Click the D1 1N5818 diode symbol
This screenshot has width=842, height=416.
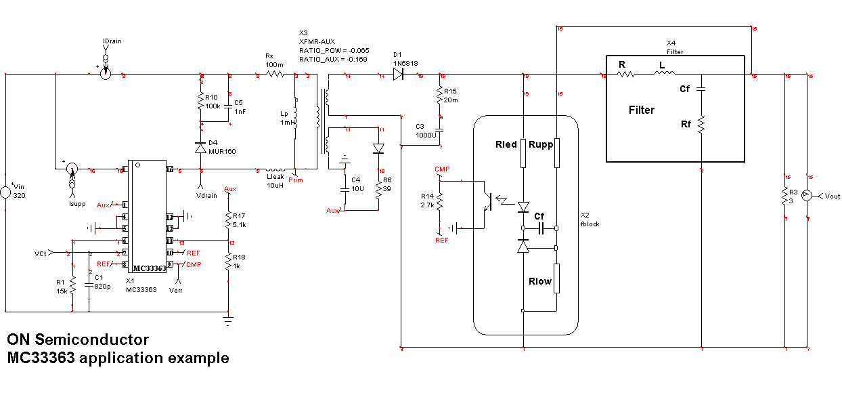point(398,75)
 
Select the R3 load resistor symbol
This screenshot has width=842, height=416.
point(784,197)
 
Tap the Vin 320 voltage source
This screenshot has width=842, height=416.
point(6,193)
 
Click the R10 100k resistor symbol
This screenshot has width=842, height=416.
point(200,102)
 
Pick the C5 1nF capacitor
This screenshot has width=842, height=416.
point(229,107)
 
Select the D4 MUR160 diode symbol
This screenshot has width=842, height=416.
point(200,148)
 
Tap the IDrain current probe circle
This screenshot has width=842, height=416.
point(106,73)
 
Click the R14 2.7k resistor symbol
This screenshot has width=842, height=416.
point(439,201)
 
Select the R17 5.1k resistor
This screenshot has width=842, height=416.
point(228,219)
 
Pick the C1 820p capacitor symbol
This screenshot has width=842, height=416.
point(89,285)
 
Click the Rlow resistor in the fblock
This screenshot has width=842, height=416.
point(556,281)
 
